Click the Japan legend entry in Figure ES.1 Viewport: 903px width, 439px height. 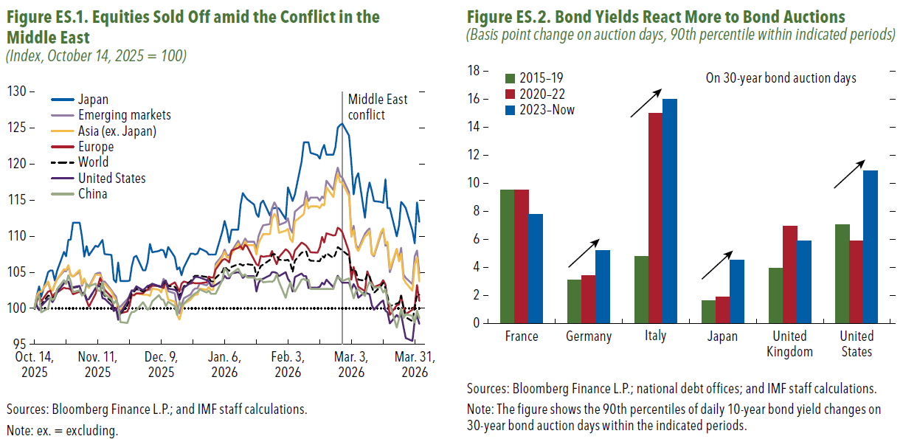click(80, 99)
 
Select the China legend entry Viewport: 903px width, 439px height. click(80, 194)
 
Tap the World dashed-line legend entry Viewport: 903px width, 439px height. click(80, 162)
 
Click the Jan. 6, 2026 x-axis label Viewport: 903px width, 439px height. click(224, 364)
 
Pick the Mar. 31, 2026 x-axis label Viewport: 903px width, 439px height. click(415, 364)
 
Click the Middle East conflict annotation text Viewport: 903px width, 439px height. click(378, 107)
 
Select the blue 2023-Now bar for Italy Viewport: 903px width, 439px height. click(670, 211)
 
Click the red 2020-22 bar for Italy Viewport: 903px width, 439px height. click(655, 218)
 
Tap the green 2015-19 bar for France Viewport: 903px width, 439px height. click(507, 256)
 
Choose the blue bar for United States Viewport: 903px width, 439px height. click(871, 246)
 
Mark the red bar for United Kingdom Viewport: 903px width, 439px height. click(789, 274)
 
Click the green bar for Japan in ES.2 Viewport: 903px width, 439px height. click(709, 311)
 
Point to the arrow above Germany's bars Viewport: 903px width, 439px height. click(584, 253)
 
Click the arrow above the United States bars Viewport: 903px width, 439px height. click(849, 174)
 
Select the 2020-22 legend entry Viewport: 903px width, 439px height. click(535, 94)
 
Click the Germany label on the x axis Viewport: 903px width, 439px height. click(589, 336)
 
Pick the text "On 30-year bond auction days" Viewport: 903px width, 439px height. click(781, 77)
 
